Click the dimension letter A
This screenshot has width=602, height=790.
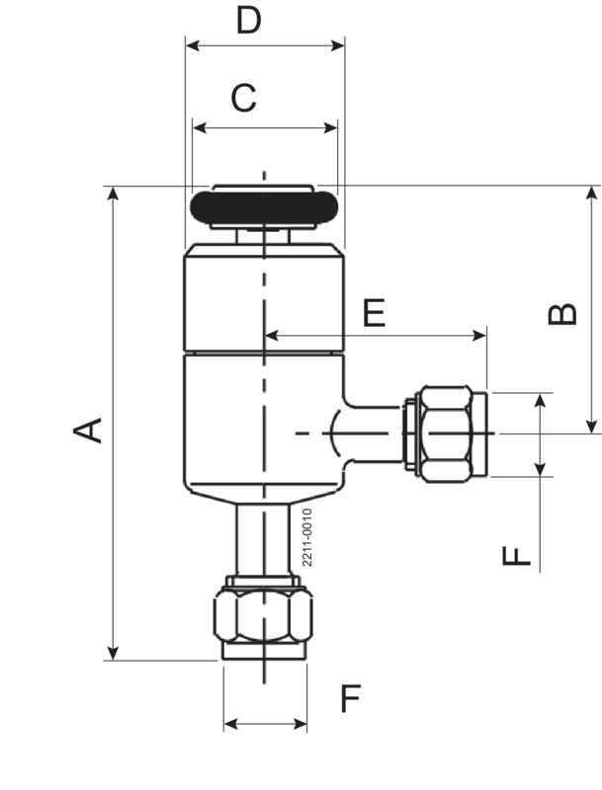[x=89, y=430]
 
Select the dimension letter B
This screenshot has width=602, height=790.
[x=562, y=313]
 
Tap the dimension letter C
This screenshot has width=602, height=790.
[x=243, y=99]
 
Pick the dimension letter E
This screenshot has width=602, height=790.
[x=374, y=313]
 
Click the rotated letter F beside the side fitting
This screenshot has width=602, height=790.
[x=517, y=555]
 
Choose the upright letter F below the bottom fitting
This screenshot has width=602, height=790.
[x=351, y=698]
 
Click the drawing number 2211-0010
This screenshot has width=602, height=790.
[x=306, y=537]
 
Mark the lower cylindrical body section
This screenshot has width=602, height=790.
[x=264, y=425]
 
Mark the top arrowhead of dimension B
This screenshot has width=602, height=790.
[x=593, y=191]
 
